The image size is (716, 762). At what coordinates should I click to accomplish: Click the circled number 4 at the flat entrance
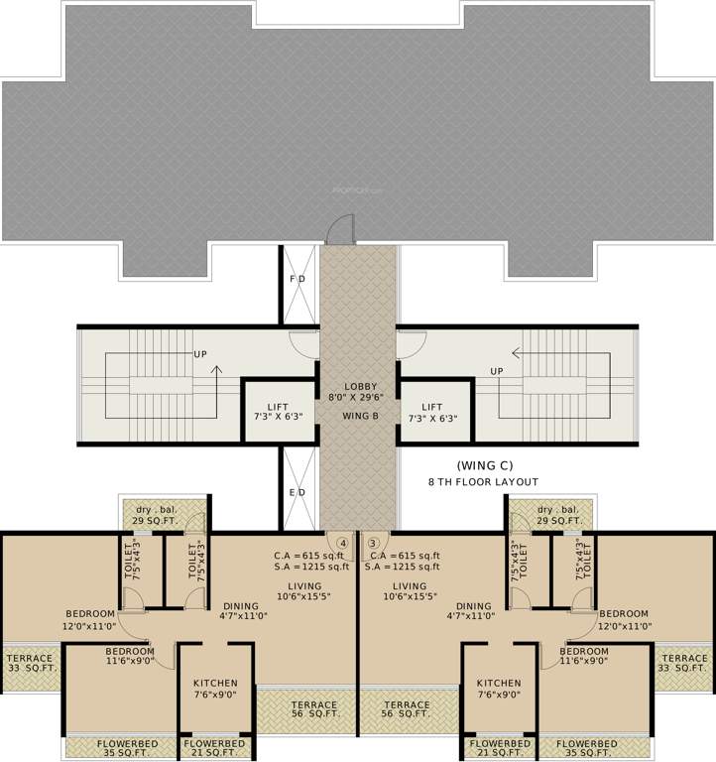(342, 543)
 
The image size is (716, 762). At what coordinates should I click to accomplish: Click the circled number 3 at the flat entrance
(373, 543)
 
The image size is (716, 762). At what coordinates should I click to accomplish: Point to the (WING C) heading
(484, 464)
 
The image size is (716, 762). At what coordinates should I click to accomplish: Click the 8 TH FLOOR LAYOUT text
(484, 481)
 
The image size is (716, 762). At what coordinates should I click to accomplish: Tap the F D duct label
(298, 281)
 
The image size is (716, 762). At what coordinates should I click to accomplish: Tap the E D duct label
(298, 491)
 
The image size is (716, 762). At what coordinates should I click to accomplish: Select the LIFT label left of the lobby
(279, 407)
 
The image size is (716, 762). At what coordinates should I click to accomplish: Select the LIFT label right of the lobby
(433, 407)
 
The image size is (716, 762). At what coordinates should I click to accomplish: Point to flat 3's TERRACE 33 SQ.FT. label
(685, 664)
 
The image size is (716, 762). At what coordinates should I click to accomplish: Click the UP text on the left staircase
(200, 354)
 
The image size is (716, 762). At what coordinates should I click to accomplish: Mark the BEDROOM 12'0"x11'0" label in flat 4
(91, 620)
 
